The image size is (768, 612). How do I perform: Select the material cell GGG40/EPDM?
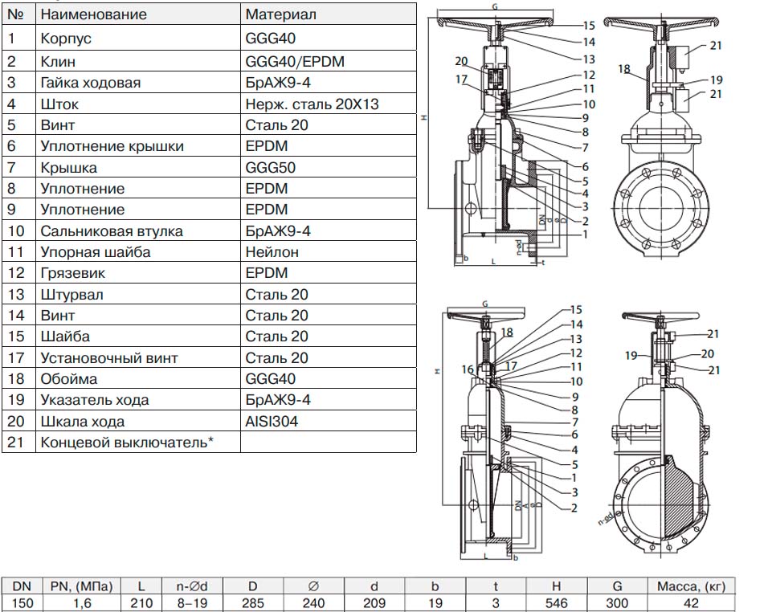(287, 61)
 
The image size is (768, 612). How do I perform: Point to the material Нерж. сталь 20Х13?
(312, 104)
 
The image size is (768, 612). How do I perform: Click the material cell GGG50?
(266, 167)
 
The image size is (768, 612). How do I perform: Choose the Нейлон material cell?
(272, 252)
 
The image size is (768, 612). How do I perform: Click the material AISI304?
(272, 422)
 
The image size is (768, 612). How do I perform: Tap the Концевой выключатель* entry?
(126, 443)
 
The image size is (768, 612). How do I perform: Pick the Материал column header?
(280, 14)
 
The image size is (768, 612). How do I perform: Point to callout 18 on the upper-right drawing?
(624, 69)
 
